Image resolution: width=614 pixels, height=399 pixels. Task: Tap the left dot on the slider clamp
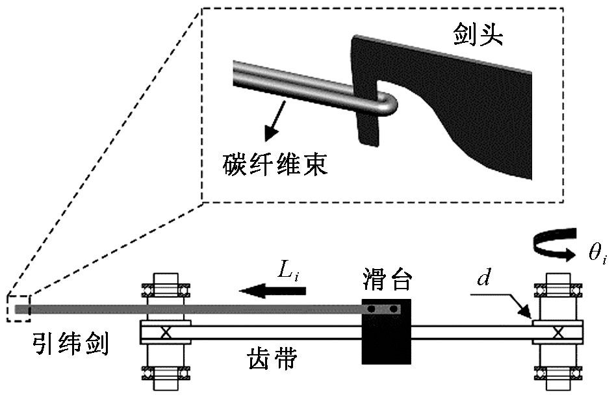(x=372, y=309)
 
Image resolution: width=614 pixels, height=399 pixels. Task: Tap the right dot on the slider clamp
(x=392, y=309)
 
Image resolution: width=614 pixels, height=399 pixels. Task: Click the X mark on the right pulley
(x=557, y=332)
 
